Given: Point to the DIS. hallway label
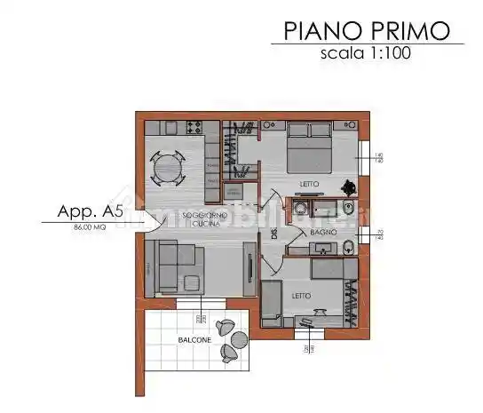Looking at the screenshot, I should pos(263,235).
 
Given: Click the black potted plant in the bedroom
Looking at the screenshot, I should pos(350,186).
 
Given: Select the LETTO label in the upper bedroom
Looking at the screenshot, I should pos(309,185).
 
